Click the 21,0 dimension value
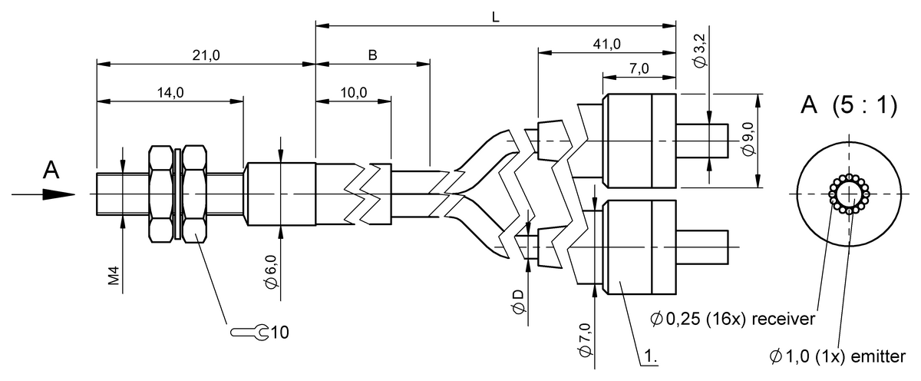[206, 55]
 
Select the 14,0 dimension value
[170, 93]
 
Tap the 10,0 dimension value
[354, 93]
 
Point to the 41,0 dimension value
[607, 44]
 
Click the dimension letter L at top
[496, 17]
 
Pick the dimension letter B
[372, 55]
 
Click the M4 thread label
[114, 276]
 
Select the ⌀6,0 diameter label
[272, 272]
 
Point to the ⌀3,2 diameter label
[699, 51]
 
